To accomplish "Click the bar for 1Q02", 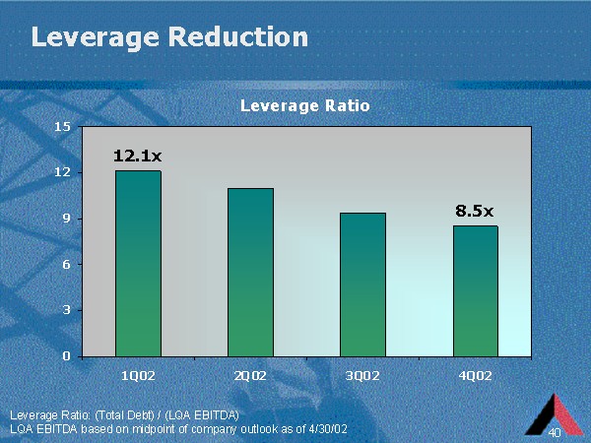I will pos(138,264).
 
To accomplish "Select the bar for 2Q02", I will pos(250,273).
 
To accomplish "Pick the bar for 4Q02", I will pos(475,291).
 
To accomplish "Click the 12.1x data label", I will pos(138,156).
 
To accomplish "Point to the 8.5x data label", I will pos(475,210).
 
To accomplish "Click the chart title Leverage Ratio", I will pos(305,105).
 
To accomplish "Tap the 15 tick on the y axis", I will pos(63,126).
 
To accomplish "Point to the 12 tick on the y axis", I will pos(63,172).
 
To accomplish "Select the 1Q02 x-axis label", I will pos(138,375).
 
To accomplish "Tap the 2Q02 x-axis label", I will pos(250,375).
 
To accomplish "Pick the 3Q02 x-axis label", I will pos(362,375).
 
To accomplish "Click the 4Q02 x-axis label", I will pos(475,375).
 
